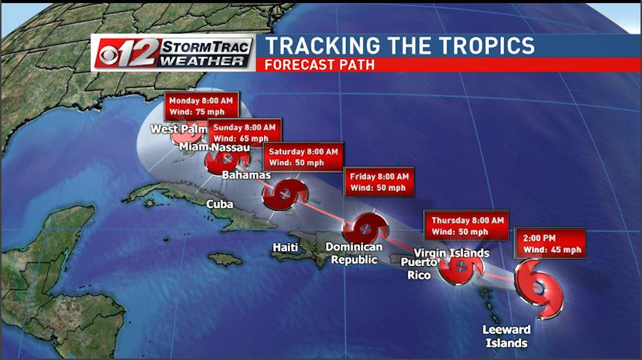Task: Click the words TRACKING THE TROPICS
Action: (x=400, y=45)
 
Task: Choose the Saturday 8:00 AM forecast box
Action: (x=303, y=156)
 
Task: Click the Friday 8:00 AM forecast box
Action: (x=378, y=182)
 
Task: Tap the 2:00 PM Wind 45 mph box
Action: (x=548, y=244)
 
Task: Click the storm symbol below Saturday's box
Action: (x=284, y=197)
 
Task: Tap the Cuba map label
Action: (x=221, y=203)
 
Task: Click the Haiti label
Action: (x=285, y=247)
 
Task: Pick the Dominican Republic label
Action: (x=354, y=253)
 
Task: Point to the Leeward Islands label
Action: (x=506, y=336)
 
